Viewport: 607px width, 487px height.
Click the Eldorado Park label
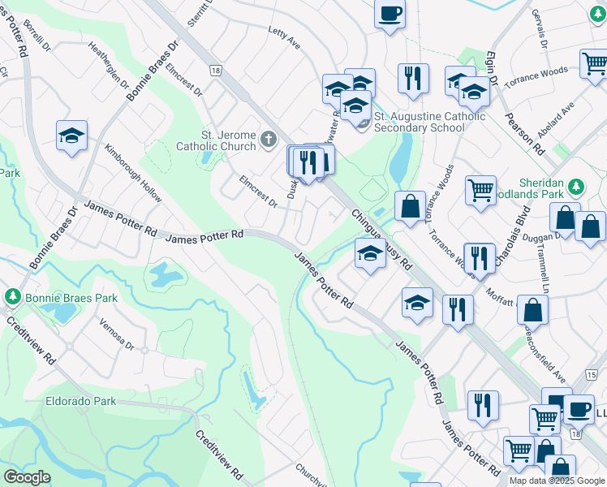(x=81, y=401)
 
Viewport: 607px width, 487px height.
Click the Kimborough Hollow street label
(x=133, y=173)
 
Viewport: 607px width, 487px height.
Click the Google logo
(x=27, y=477)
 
